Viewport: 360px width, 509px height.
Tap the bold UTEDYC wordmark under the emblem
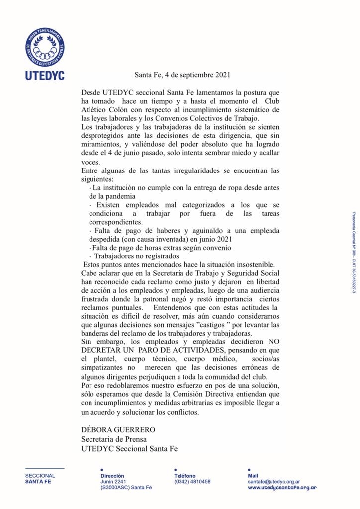tap(45, 77)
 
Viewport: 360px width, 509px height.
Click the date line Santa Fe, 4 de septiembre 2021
tap(182, 76)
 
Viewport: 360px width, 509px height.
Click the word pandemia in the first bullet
tap(127, 197)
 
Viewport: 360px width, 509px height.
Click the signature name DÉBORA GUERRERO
tap(118, 429)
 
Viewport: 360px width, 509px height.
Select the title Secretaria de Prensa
tap(114, 439)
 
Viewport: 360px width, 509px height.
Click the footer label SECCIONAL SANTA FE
tap(41, 478)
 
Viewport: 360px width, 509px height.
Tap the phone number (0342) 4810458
tap(192, 481)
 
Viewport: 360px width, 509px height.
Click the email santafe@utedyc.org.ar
tap(273, 481)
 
